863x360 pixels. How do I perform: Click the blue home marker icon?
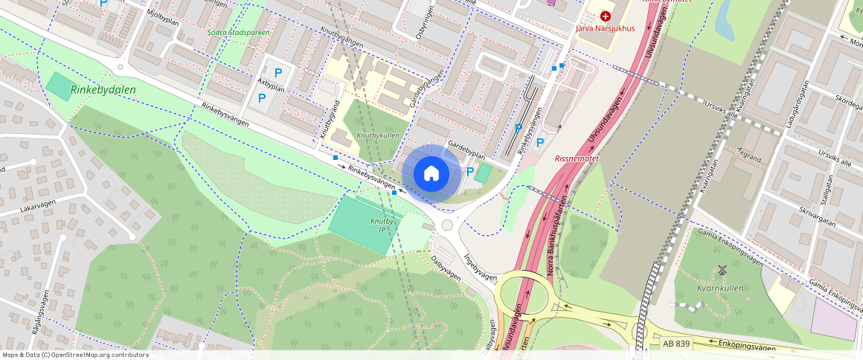[x=431, y=174]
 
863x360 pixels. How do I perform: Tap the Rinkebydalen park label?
[x=103, y=90]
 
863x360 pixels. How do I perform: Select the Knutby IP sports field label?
[x=379, y=225]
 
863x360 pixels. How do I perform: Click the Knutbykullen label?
[x=377, y=136]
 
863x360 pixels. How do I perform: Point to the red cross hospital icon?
[x=605, y=16]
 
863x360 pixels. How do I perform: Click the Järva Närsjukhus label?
[x=605, y=29]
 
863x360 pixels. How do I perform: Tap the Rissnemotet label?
[x=576, y=158]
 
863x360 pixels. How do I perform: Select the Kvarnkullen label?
[x=721, y=288]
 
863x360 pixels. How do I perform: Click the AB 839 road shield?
[x=676, y=344]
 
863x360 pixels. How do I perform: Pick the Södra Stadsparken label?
[x=237, y=33]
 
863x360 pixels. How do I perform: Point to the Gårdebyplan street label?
[x=466, y=150]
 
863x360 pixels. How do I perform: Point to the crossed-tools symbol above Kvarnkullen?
[x=721, y=269]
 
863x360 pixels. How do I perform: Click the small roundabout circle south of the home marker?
[x=447, y=225]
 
